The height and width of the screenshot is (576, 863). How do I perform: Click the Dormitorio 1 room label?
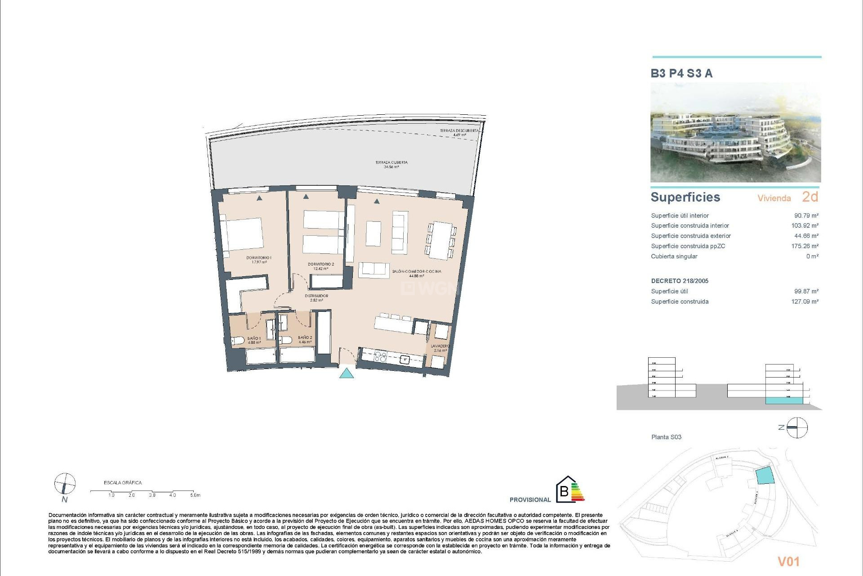(x=258, y=260)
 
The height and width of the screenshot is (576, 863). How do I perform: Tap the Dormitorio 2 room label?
(x=320, y=266)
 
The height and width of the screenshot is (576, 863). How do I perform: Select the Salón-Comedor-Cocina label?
(x=416, y=273)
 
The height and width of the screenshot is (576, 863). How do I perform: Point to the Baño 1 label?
(x=254, y=340)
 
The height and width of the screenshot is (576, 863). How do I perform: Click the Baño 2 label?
(x=305, y=339)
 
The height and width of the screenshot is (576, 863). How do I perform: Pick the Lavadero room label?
(x=440, y=348)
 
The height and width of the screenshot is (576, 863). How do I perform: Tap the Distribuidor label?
(x=316, y=298)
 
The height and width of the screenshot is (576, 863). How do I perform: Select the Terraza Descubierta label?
(x=459, y=132)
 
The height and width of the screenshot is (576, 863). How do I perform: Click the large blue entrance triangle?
(x=346, y=373)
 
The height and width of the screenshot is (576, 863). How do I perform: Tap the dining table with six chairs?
(x=441, y=240)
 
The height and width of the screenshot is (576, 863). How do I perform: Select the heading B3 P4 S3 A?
(x=681, y=73)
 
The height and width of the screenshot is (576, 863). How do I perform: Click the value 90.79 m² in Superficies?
(x=806, y=216)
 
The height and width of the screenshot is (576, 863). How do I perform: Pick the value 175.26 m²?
(x=805, y=246)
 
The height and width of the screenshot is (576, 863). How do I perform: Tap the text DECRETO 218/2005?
(x=680, y=281)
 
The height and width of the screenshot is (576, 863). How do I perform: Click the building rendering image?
(x=735, y=132)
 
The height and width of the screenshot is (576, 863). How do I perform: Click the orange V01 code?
(x=788, y=561)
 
